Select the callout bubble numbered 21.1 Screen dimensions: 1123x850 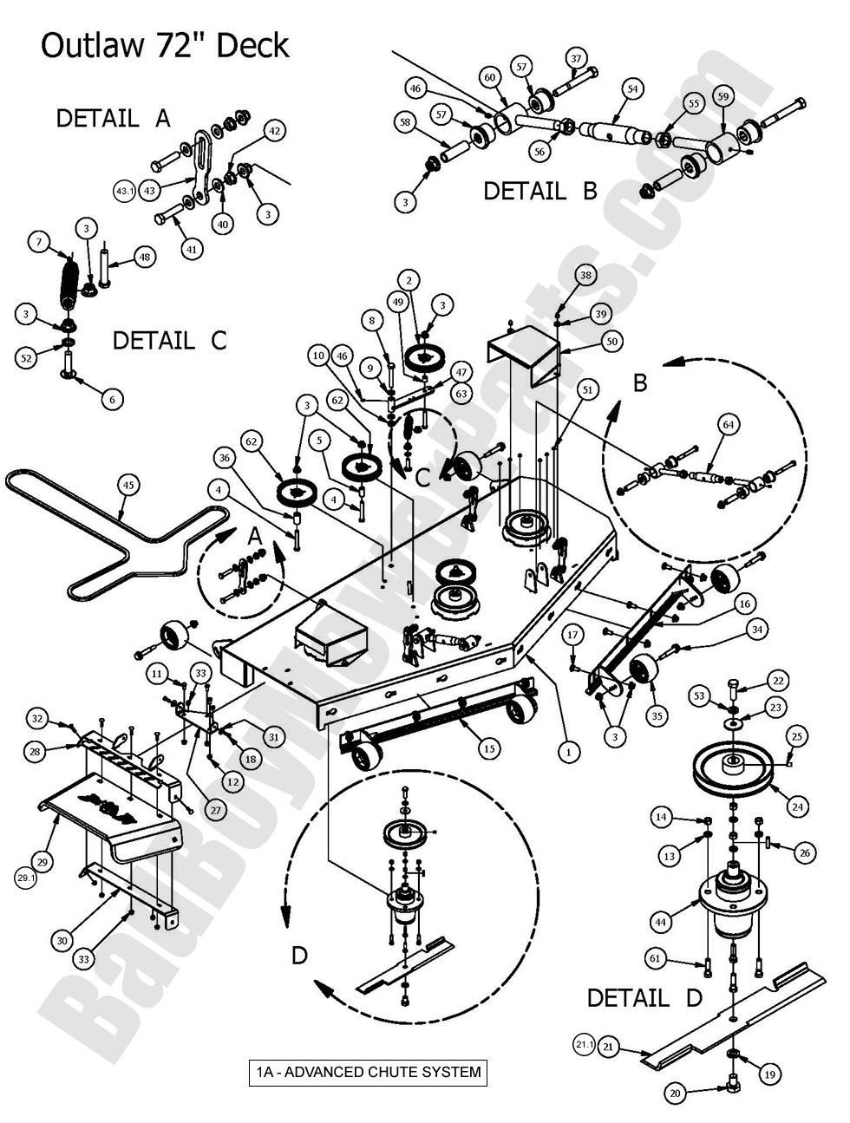coord(584,1046)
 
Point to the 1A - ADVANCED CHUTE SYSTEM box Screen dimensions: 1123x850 coord(368,1072)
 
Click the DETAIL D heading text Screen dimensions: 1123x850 coord(644,997)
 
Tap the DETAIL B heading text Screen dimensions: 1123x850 coord(540,190)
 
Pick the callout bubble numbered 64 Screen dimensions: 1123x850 coord(729,424)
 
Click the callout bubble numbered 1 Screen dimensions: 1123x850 coord(568,752)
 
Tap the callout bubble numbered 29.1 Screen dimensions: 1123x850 coord(26,878)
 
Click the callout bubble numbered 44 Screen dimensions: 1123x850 coord(662,924)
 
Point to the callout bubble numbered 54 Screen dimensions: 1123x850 coord(631,88)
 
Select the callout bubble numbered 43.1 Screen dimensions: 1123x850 coord(124,189)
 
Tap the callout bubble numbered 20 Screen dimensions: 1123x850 coord(675,1093)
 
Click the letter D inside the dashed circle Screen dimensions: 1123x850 coord(299,956)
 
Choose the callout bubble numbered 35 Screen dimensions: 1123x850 coord(657,716)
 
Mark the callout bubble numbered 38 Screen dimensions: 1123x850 coord(585,275)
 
